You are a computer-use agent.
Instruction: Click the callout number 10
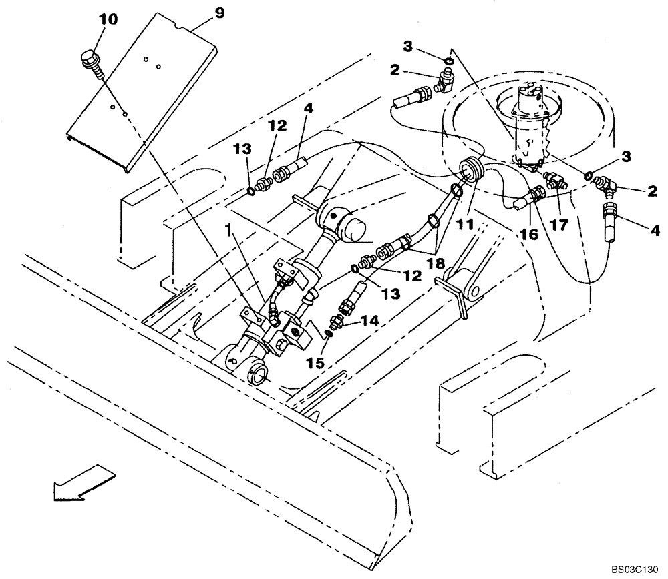pos(108,20)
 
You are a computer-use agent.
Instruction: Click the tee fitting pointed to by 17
pos(553,180)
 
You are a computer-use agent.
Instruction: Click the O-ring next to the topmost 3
pos(449,62)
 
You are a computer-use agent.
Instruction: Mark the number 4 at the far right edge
pos(654,231)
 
